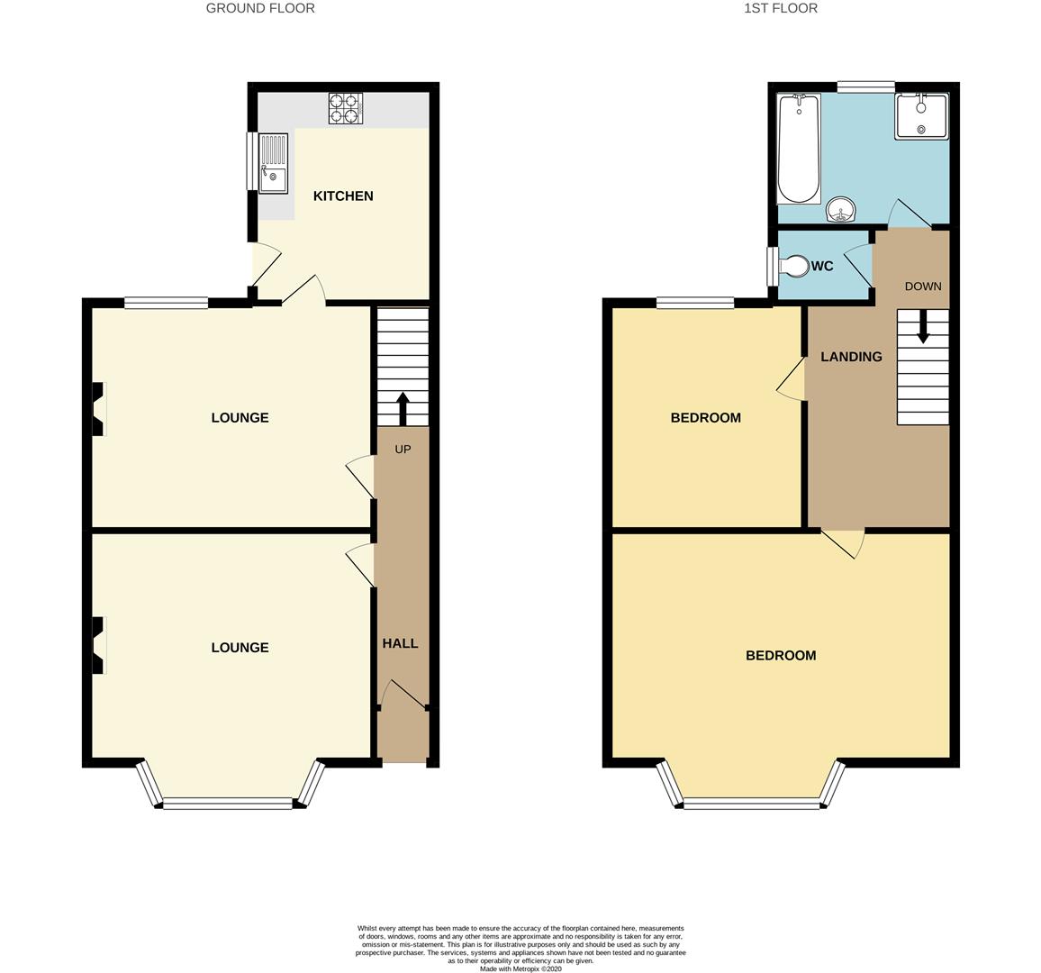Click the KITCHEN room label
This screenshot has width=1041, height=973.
pos(343,196)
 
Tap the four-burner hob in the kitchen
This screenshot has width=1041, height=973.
pos(345,108)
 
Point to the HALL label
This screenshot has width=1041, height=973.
pos(400,643)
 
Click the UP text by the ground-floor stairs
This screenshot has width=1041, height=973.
pos(403,449)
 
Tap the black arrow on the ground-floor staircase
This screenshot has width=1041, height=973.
pos(403,407)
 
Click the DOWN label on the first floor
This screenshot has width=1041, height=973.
pos(923,286)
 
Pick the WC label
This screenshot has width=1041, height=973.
pos(822,267)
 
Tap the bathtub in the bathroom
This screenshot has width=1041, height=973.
pos(799,150)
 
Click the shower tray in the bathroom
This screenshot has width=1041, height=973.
pos(921,116)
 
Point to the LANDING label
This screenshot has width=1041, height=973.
pos(851,357)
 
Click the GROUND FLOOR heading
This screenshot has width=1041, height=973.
pos(260,8)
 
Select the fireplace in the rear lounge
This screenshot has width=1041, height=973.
pos(98,410)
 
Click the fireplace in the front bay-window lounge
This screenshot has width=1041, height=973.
pos(98,644)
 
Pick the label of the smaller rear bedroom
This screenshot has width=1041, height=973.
pos(706,418)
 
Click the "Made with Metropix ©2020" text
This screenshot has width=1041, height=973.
pos(520,969)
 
